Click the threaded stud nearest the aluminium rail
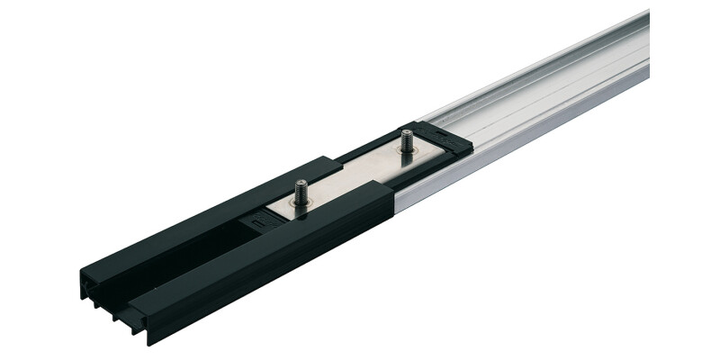coord(407,143)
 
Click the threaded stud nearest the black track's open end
coord(301,193)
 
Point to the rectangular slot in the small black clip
coord(259,218)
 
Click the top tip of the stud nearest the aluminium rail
coord(407,133)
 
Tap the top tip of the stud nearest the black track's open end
coord(301,183)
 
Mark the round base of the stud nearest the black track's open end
coord(301,204)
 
